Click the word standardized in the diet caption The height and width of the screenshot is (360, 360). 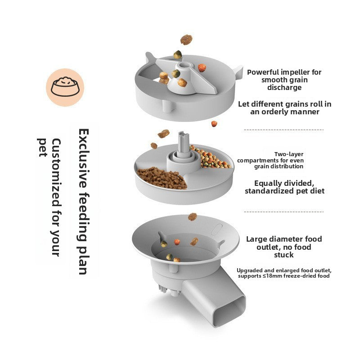pos(272,191)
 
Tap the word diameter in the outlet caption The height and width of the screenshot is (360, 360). pos(287,239)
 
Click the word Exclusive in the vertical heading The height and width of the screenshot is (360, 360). pos(83,153)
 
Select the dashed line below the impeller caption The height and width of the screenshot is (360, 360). pos(283,130)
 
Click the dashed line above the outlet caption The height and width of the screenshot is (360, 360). pos(283,211)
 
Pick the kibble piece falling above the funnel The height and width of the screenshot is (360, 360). pos(193,216)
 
